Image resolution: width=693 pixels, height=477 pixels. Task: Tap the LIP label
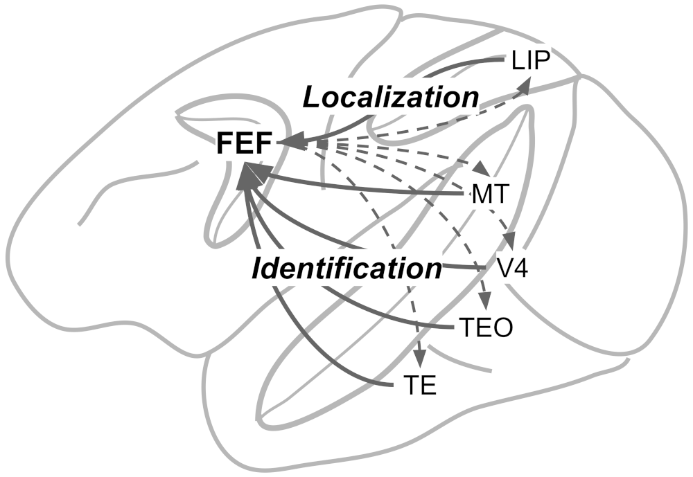point(531,60)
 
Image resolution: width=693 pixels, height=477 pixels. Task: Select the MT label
point(490,194)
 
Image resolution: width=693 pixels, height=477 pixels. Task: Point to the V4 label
point(512,268)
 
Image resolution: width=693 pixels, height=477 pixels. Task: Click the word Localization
point(391,98)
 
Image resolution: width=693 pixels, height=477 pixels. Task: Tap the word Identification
point(347,269)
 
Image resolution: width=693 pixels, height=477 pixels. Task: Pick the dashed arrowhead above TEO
point(485,300)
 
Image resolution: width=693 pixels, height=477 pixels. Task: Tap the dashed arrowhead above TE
point(420,357)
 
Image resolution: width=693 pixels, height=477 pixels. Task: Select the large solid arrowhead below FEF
point(249,176)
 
